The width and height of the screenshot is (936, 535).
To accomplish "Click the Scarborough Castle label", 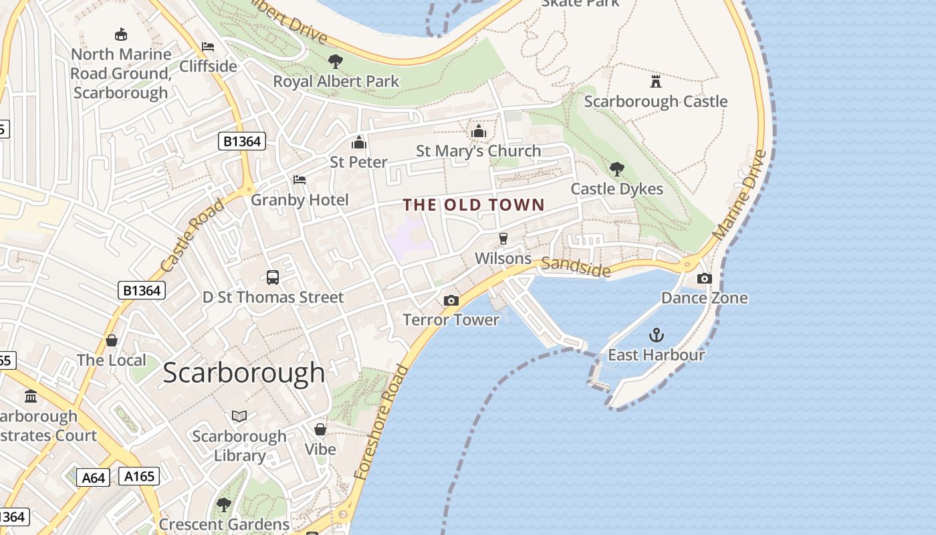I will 655,102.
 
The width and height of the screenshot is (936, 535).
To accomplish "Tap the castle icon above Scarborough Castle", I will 655,82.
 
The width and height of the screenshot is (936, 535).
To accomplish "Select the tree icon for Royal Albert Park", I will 336,62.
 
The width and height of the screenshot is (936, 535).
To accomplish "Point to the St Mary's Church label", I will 478,151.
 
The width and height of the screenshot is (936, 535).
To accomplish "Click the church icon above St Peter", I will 359,142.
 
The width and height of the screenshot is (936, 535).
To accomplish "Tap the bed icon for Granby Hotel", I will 300,180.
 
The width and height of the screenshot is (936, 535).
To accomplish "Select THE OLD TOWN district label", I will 473,205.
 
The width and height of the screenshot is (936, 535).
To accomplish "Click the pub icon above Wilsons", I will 503,239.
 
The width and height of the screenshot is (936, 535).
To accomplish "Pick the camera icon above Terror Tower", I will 451,300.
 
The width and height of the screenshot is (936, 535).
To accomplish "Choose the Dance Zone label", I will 704,298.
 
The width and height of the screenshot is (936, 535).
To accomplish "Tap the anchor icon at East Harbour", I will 656,334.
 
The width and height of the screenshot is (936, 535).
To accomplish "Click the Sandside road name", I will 576,267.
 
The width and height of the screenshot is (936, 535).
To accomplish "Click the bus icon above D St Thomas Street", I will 273,277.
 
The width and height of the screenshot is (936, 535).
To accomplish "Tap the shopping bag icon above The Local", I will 112,340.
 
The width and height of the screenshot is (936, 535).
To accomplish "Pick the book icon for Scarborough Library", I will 239,417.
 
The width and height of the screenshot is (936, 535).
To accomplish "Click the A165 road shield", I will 139,476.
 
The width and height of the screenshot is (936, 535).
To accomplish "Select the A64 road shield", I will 93,477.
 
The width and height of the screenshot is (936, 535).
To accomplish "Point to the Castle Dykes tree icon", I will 616,169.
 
